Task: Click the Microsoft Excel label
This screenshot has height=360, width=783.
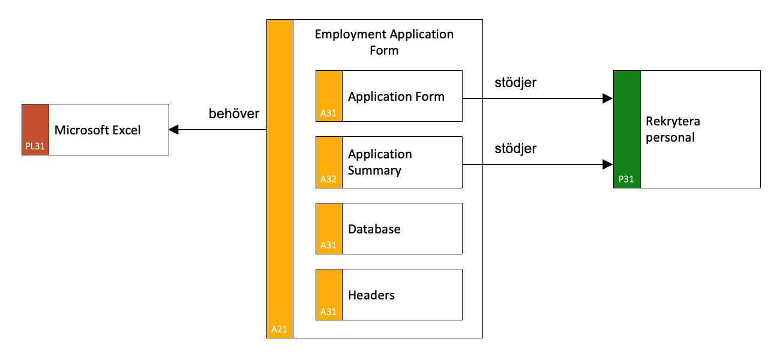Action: click(x=98, y=130)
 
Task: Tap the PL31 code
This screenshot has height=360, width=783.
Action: click(x=35, y=146)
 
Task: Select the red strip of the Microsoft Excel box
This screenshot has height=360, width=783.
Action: click(x=35, y=130)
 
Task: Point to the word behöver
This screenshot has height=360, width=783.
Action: click(x=234, y=113)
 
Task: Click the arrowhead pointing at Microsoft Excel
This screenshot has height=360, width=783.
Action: click(x=174, y=130)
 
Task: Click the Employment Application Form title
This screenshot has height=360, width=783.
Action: click(x=384, y=42)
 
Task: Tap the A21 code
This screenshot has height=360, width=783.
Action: click(x=279, y=329)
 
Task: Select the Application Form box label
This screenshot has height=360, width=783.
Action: click(x=396, y=97)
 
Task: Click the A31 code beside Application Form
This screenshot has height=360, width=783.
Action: click(x=328, y=113)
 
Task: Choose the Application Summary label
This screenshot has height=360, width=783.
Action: click(x=380, y=162)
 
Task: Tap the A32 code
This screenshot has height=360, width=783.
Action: click(x=328, y=179)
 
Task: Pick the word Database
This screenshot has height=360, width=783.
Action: click(x=374, y=229)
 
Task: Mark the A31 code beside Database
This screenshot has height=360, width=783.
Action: click(x=328, y=245)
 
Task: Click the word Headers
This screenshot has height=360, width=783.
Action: click(x=371, y=295)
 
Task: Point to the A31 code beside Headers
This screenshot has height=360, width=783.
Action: click(x=328, y=312)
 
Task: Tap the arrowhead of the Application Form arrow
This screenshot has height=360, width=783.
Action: click(x=608, y=98)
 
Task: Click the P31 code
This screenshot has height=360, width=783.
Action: click(x=626, y=179)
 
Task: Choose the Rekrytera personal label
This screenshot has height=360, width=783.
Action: click(x=673, y=130)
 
